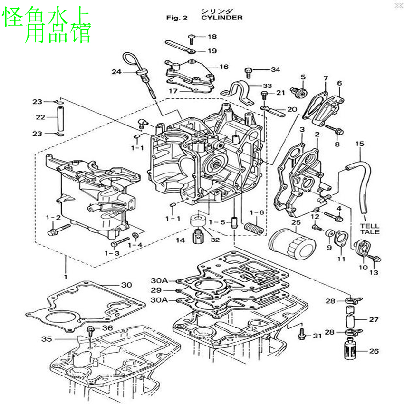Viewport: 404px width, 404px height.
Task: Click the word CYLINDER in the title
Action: [221, 18]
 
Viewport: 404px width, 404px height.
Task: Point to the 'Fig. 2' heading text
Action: [177, 18]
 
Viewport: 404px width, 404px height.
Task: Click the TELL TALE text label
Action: [369, 229]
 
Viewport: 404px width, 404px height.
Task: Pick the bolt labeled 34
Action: [248, 72]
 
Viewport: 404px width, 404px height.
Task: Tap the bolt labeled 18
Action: [192, 37]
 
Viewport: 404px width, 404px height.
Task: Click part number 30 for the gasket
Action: [126, 285]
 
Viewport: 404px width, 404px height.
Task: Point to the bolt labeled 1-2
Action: [53, 232]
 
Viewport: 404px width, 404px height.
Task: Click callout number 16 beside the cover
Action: [223, 67]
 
